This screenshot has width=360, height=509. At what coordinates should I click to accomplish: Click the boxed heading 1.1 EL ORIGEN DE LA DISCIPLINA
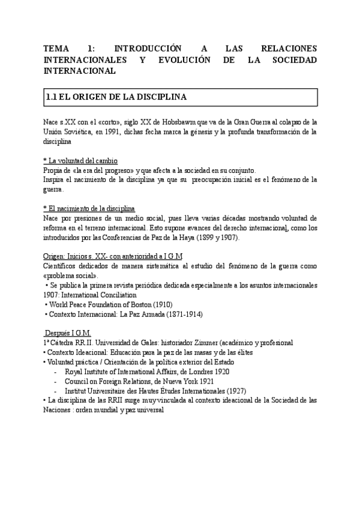point(117,97)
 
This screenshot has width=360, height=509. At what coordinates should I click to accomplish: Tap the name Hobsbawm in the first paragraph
point(209,121)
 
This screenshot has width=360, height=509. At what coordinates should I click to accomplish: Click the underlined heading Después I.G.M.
point(68,333)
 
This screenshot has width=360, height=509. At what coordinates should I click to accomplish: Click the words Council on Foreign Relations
point(110,381)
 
